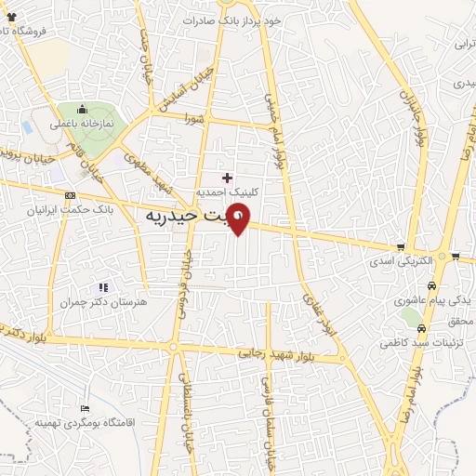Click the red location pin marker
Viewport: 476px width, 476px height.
(x=239, y=220)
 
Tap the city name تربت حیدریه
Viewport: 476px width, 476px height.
(x=185, y=216)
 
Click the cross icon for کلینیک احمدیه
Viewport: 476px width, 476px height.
(x=228, y=177)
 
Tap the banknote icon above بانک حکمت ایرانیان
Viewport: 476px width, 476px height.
(x=71, y=195)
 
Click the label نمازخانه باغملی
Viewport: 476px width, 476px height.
(x=84, y=123)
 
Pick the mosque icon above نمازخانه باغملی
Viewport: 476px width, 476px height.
(x=83, y=108)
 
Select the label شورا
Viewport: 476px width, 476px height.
(x=193, y=118)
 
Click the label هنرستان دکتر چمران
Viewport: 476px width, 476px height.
(x=103, y=304)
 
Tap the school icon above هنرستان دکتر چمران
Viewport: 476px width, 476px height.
(x=103, y=287)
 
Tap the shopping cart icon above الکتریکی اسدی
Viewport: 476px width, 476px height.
(x=401, y=247)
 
